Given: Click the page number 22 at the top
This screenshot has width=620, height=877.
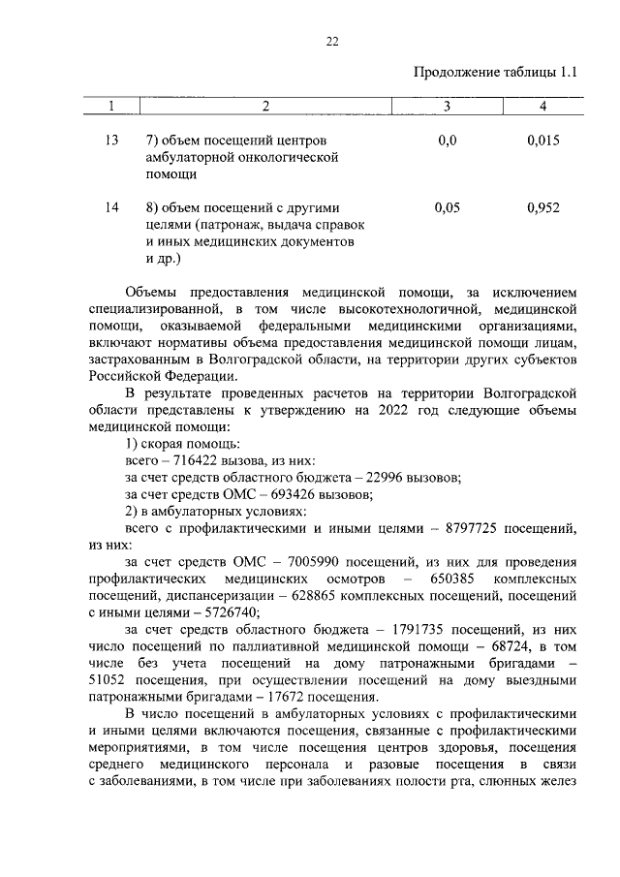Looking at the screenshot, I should (x=331, y=41).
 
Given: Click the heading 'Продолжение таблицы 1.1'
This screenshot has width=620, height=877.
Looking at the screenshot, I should (x=495, y=72).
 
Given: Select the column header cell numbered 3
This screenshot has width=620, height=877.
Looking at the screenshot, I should (x=447, y=105).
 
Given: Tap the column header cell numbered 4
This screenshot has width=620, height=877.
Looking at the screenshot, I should (x=543, y=105).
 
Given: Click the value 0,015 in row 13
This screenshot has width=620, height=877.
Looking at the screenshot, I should (x=543, y=141).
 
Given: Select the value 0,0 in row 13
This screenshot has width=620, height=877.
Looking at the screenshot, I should (x=447, y=141).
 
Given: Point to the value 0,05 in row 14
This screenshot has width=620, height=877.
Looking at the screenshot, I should (x=447, y=207).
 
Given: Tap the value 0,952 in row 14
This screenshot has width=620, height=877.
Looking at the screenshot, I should (x=543, y=207).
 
